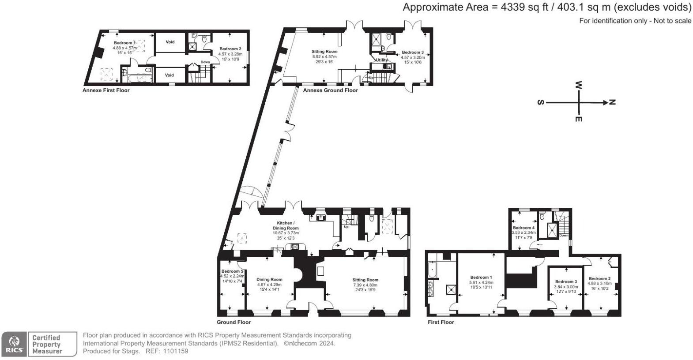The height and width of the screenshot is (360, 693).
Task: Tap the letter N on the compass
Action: [612, 102]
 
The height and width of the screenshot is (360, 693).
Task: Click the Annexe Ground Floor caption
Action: [330, 90]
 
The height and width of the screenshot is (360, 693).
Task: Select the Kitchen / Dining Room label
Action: [285, 225]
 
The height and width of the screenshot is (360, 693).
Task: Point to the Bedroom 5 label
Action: [232, 271]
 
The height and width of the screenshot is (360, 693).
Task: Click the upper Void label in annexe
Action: [170, 42]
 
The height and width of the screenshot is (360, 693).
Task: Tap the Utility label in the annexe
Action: [381, 60]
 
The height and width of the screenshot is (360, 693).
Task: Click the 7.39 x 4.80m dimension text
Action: [365, 285]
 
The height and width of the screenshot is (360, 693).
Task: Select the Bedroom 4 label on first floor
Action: [524, 228]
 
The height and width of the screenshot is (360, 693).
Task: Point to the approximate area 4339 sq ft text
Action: [547, 7]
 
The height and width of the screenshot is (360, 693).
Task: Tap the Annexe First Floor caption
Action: [106, 90]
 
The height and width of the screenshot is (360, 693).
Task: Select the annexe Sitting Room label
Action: [324, 52]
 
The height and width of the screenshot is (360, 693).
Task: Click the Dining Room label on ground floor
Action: [269, 279]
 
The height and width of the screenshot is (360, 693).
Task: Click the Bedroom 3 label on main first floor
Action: [566, 281]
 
